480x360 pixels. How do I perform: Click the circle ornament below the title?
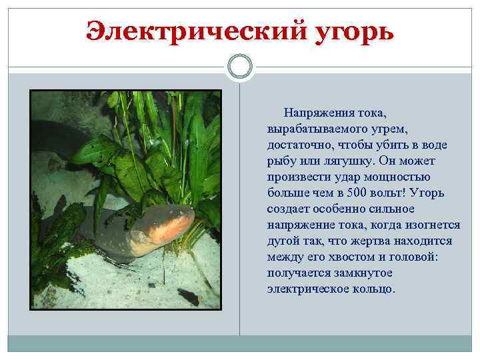coord(239,67)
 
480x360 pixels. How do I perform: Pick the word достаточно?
coord(298,145)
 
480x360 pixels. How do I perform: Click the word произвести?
coord(297,177)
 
